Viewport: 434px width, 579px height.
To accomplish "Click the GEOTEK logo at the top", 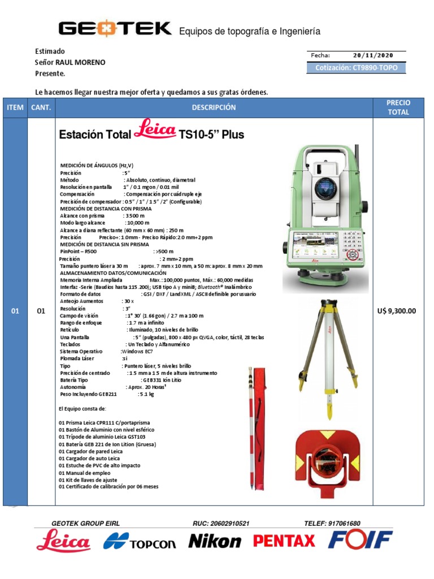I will pyautogui.click(x=115, y=29).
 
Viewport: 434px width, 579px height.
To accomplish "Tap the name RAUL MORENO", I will pyautogui.click(x=80, y=62).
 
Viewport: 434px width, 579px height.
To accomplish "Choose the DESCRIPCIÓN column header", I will pyautogui.click(x=214, y=107).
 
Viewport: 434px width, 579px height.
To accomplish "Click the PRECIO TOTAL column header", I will pyautogui.click(x=398, y=107).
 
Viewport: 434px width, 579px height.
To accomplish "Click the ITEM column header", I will pyautogui.click(x=15, y=107).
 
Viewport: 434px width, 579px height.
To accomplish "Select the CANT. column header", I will pyautogui.click(x=41, y=107).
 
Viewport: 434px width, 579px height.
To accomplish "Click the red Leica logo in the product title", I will pyautogui.click(x=154, y=130).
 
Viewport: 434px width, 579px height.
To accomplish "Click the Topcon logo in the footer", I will pyautogui.click(x=140, y=542).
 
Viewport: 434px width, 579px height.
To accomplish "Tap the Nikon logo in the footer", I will pyautogui.click(x=215, y=542).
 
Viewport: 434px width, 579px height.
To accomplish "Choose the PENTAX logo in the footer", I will pyautogui.click(x=284, y=541).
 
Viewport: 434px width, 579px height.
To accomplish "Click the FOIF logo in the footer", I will pyautogui.click(x=361, y=541).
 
